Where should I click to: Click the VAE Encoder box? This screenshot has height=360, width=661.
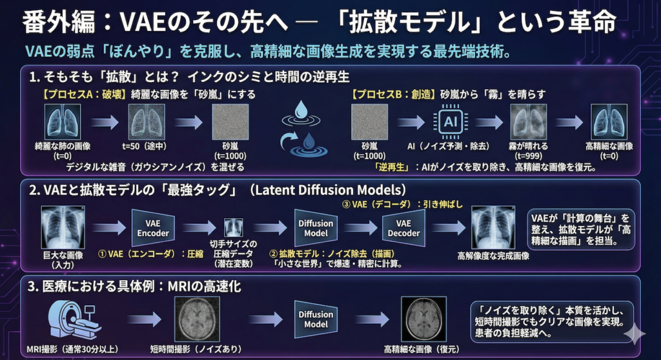point(152,228)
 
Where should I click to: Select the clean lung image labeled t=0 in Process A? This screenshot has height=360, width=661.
point(62,123)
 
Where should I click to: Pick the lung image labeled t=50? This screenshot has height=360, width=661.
point(147,123)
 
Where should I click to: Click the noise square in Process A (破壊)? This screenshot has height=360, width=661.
point(230,123)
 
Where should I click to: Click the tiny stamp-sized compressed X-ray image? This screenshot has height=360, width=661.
point(233,228)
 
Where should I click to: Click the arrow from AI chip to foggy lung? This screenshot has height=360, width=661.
point(488,123)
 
